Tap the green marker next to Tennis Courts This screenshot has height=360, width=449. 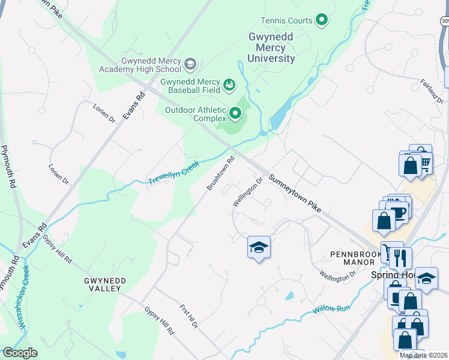pos(322,20)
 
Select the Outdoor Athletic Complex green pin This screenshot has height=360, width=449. pos(235,112)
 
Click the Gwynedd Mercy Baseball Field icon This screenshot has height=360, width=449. pos(229,85)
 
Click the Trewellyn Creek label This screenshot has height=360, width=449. pos(173,172)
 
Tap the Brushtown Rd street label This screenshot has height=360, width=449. pos(220,173)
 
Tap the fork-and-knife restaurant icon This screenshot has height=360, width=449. pos(400,259)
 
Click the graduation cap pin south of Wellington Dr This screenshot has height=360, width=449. pos(259,247)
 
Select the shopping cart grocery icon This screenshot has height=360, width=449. pos(424,161)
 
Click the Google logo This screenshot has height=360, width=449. pos(20,353)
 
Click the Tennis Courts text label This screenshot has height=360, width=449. pos(287,20)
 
